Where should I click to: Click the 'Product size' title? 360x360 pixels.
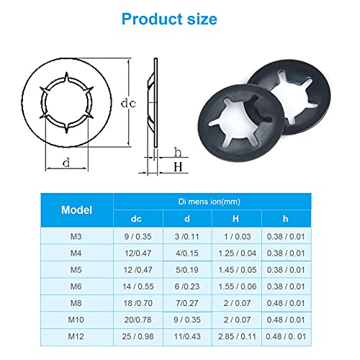pos(169,19)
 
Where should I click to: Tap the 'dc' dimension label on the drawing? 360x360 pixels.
pos(128,104)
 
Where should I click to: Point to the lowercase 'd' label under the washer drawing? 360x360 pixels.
pos(66,163)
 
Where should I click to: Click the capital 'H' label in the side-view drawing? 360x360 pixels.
pos(178,167)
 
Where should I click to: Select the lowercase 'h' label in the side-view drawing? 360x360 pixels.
pos(178,152)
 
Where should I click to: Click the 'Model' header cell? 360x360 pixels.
pos(77,210)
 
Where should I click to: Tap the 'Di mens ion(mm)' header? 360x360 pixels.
pos(210,202)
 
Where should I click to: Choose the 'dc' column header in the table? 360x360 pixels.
pos(136,219)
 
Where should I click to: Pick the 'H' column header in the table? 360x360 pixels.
pos(235,219)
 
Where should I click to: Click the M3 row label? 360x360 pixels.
pos(76,237)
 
